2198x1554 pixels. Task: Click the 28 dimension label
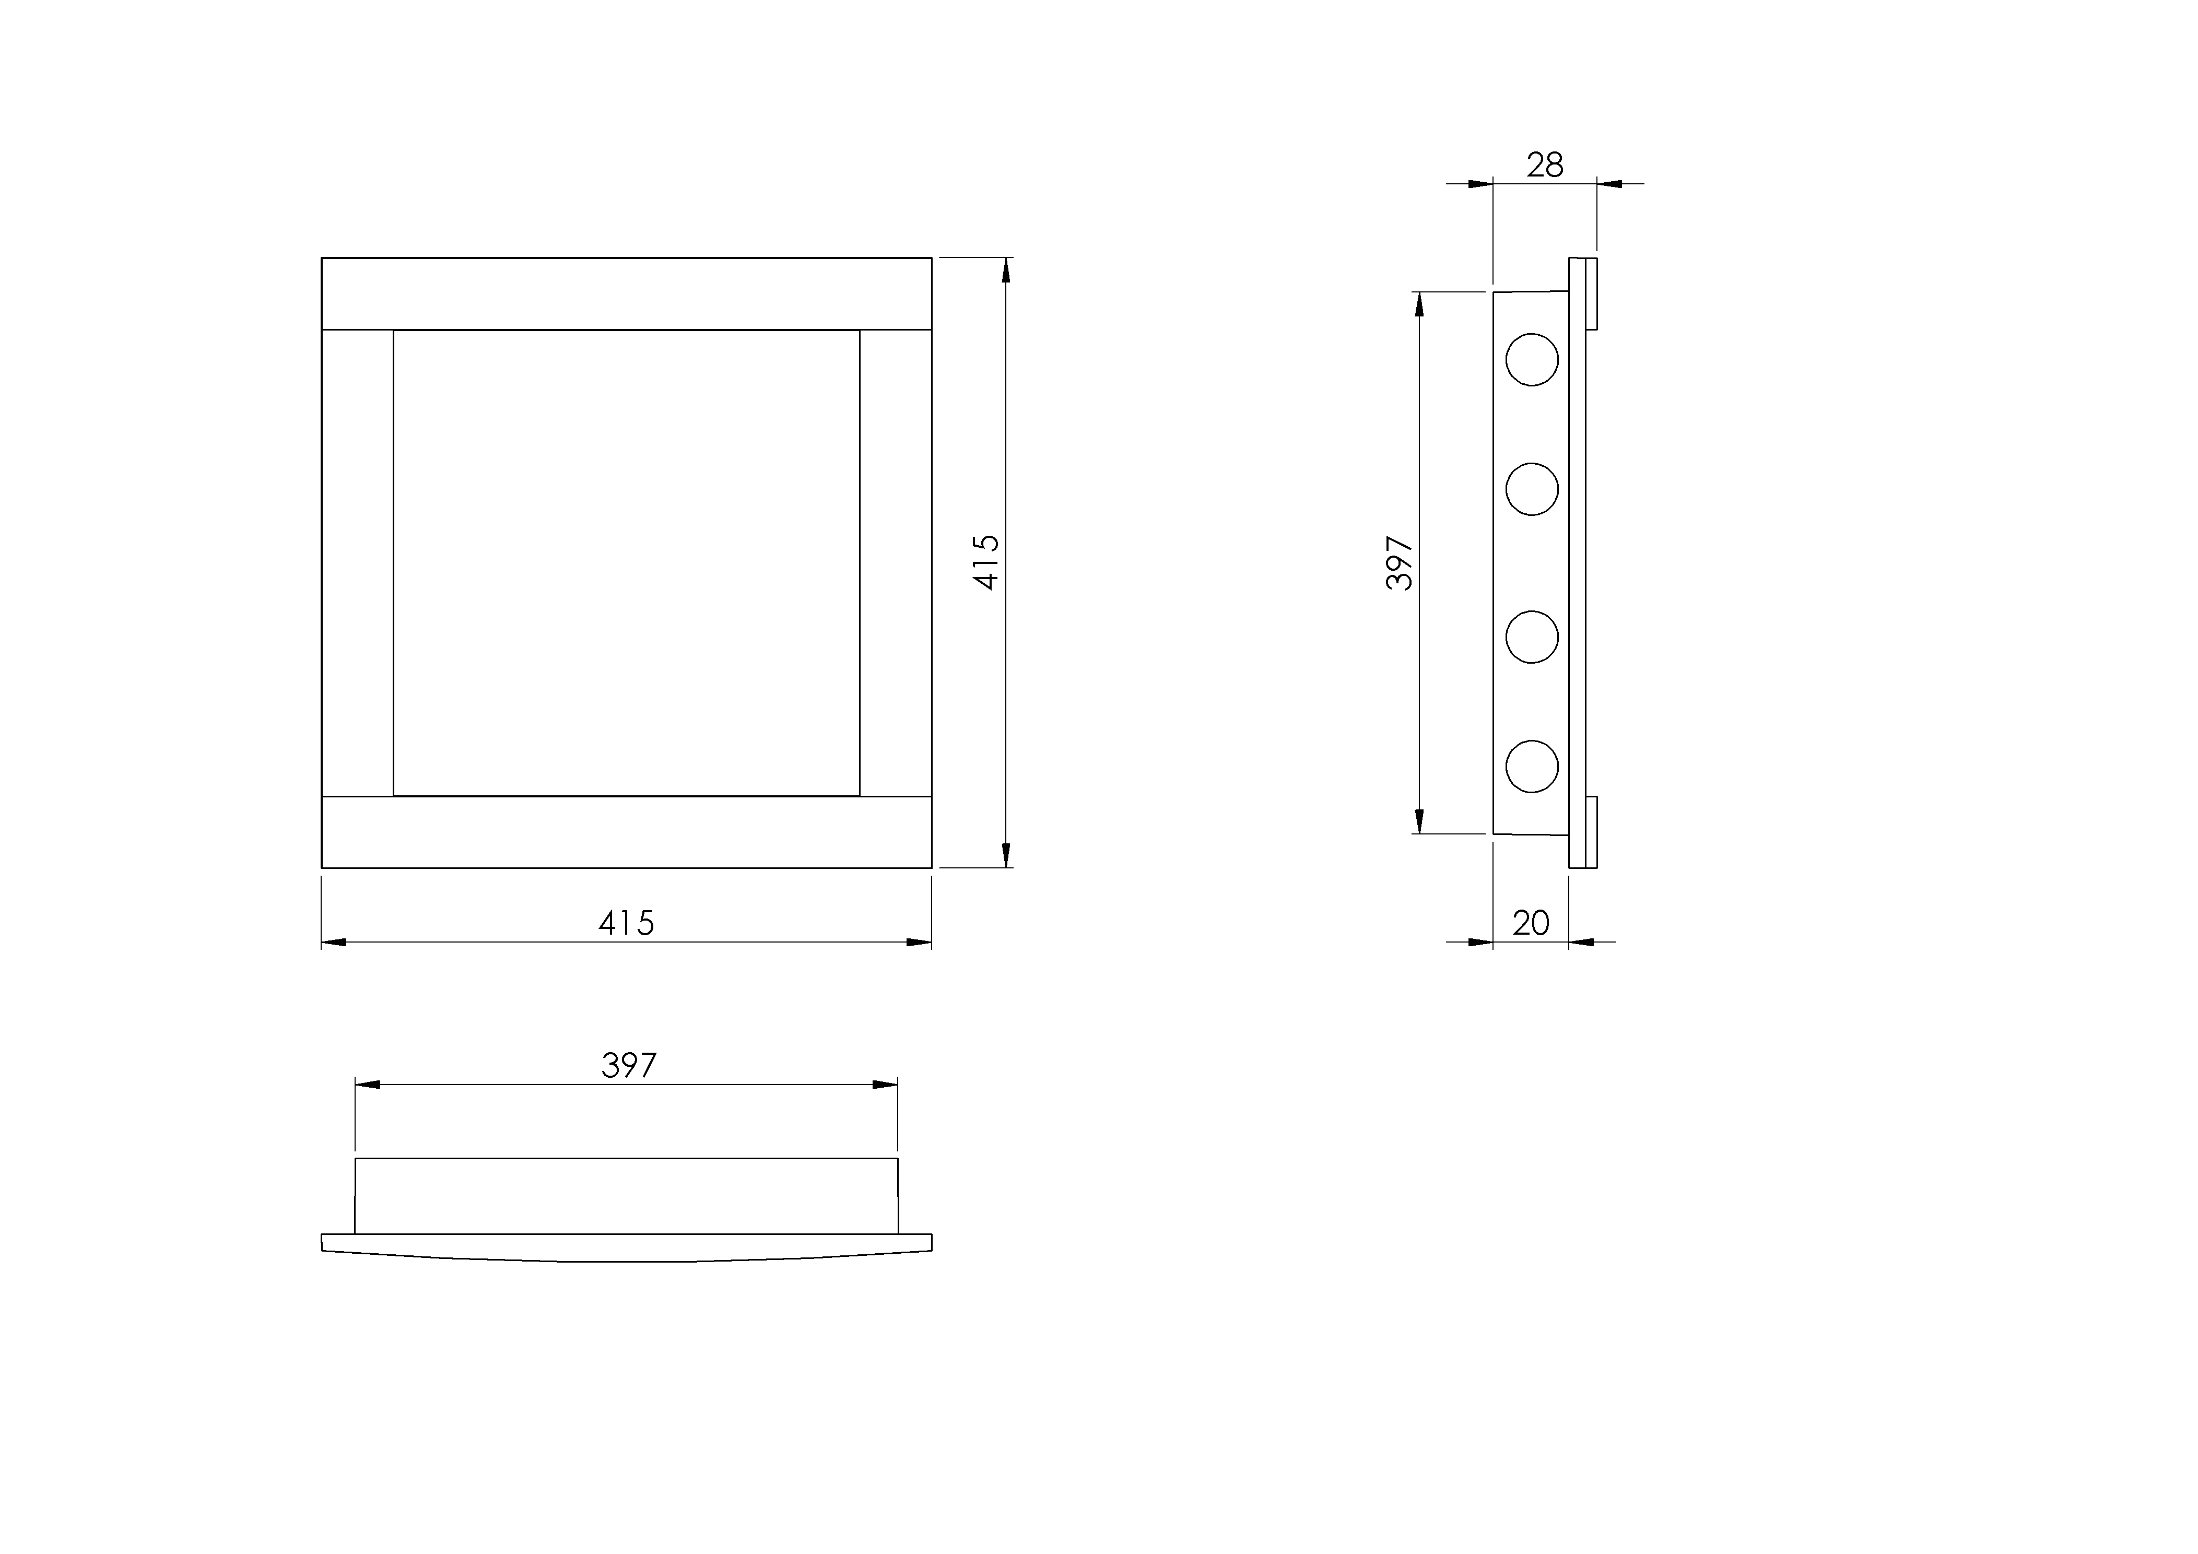click(1544, 166)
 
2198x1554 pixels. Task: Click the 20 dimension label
click(1531, 923)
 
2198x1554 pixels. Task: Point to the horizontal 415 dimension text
click(626, 923)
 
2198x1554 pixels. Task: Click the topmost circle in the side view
click(1532, 360)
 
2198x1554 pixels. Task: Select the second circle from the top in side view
click(1532, 489)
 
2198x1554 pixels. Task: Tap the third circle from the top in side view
click(1532, 637)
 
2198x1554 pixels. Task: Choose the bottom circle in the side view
click(1532, 766)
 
